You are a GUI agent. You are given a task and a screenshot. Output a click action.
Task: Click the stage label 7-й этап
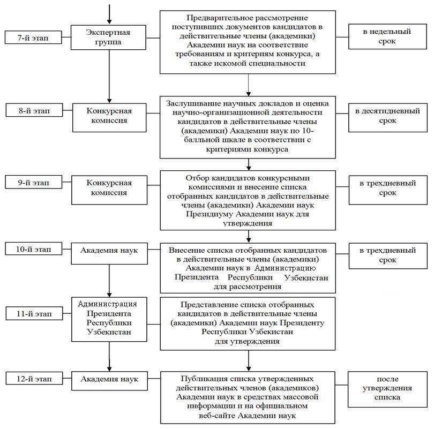[33, 37]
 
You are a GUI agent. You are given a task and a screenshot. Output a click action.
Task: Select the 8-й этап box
[34, 110]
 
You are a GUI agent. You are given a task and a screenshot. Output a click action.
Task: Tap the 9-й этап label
[34, 182]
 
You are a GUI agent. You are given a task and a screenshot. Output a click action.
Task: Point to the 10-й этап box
[34, 249]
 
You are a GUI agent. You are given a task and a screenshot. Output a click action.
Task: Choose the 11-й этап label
[34, 313]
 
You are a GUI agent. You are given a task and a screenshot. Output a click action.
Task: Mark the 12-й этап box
[34, 378]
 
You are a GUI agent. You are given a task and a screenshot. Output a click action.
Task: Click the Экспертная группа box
[108, 37]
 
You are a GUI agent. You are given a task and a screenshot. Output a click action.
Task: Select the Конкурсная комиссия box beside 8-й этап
[109, 117]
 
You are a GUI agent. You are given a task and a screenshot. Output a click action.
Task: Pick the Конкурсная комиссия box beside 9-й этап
[109, 190]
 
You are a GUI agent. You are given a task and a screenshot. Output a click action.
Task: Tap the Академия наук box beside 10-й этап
[109, 253]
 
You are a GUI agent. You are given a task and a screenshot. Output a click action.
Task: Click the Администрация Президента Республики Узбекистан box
[109, 319]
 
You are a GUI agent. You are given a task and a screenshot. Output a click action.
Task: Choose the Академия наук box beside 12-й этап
[109, 381]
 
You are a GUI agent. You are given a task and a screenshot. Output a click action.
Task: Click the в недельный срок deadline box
[387, 36]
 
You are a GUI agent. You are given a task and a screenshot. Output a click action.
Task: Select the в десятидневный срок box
[388, 117]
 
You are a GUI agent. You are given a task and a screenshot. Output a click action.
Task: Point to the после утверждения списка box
[387, 389]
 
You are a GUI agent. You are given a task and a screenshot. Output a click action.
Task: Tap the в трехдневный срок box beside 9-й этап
[388, 190]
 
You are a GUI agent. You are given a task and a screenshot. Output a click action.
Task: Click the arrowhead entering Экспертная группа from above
[109, 21]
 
